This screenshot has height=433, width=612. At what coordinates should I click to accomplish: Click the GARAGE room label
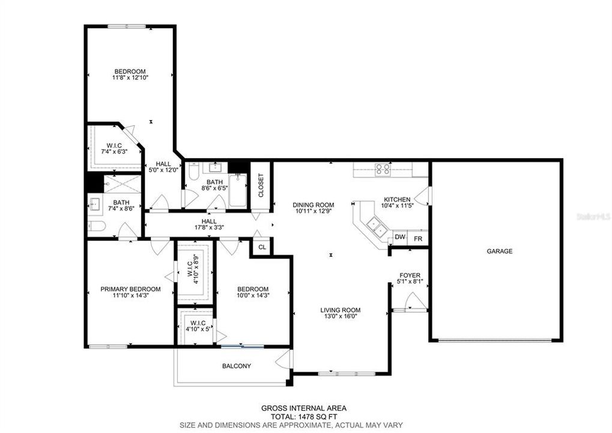pos(499,251)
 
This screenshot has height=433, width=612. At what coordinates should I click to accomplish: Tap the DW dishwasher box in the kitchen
pos(400,238)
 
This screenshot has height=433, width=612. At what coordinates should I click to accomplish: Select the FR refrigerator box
pos(418,238)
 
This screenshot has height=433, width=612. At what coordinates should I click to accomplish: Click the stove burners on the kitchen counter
pos(383,169)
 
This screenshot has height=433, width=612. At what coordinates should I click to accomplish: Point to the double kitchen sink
pos(376,227)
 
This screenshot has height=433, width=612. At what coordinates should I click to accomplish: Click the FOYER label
pos(410,275)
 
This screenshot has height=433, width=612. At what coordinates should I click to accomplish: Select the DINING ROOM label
pos(314,204)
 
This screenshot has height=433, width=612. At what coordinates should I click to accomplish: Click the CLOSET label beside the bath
pos(261,186)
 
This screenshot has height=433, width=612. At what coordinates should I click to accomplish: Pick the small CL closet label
pos(262,247)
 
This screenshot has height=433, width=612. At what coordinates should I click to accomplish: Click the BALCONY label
pos(237,366)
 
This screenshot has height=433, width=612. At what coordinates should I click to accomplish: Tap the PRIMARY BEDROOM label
pos(130,289)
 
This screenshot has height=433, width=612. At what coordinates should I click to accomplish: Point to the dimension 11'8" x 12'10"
pos(130,78)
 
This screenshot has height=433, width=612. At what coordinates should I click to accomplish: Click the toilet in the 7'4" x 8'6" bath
pos(97,226)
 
